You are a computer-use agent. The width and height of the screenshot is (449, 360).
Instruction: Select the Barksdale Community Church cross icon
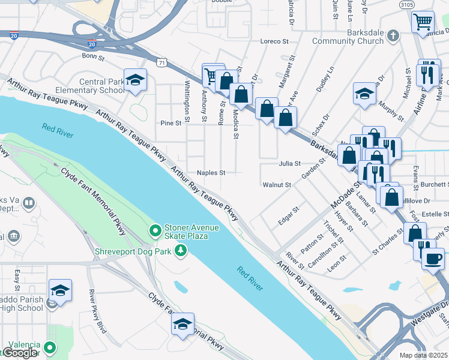click(x=393, y=35)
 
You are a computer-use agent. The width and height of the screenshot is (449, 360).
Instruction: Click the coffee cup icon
click(x=433, y=259)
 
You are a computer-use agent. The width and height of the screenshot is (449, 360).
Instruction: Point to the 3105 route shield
click(x=406, y=4)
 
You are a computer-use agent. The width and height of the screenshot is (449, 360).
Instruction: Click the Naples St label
click(x=211, y=173)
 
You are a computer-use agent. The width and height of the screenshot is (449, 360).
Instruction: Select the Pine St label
click(x=170, y=123)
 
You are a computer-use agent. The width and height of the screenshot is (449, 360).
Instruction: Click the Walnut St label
click(x=276, y=185)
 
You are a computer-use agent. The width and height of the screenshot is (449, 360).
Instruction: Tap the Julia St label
click(x=289, y=163)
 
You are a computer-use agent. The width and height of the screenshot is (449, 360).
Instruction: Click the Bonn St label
click(x=93, y=56)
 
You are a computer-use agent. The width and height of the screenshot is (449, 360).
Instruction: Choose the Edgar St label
click(x=289, y=216)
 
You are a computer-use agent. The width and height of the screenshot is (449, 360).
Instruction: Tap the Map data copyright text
click(x=424, y=355)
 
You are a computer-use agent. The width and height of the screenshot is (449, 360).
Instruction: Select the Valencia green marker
click(x=50, y=347)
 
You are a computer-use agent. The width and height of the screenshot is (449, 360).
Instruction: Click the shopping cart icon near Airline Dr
click(x=423, y=22)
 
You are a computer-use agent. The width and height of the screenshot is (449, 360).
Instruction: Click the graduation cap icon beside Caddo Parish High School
click(x=60, y=291)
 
